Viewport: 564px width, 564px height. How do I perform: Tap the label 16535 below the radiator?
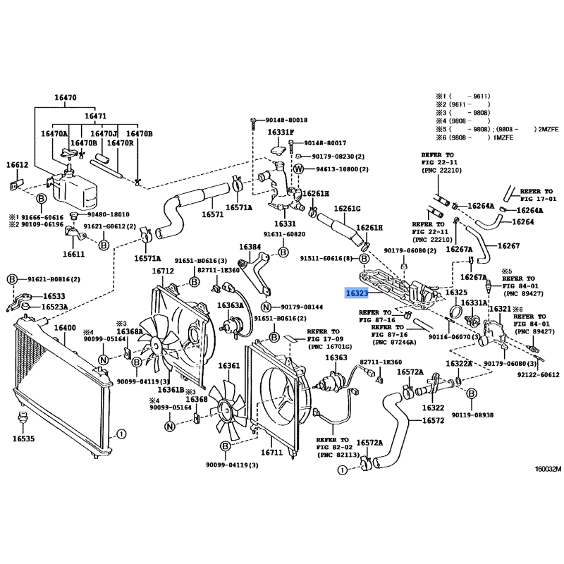click(25, 439)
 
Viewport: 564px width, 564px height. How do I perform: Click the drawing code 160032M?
click(546, 469)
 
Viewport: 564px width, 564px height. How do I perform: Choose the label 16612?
click(18, 165)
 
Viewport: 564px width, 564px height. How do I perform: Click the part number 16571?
click(212, 214)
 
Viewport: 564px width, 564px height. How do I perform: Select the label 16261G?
click(348, 209)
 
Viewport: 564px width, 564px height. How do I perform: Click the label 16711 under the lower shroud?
click(271, 453)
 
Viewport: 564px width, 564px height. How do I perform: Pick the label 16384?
click(250, 247)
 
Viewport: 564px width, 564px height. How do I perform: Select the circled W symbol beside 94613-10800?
click(298, 169)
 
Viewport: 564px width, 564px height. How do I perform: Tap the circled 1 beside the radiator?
click(121, 434)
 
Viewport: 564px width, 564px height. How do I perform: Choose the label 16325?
click(456, 292)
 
